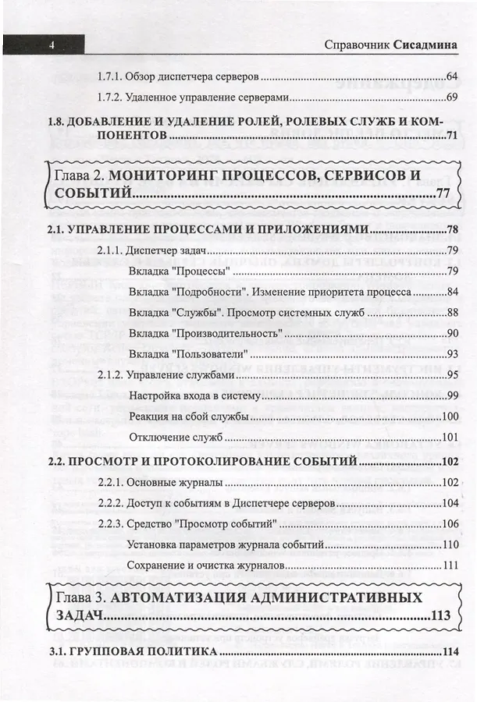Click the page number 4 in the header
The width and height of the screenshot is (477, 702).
pyautogui.click(x=51, y=44)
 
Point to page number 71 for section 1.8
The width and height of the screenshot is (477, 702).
pyautogui.click(x=451, y=136)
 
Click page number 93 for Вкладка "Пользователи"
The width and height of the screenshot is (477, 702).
pyautogui.click(x=450, y=354)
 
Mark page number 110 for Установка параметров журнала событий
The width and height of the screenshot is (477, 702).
pyautogui.click(x=449, y=544)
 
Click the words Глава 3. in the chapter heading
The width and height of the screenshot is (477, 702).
pyautogui.click(x=78, y=597)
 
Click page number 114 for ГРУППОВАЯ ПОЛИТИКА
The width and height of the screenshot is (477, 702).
pyautogui.click(x=448, y=651)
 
